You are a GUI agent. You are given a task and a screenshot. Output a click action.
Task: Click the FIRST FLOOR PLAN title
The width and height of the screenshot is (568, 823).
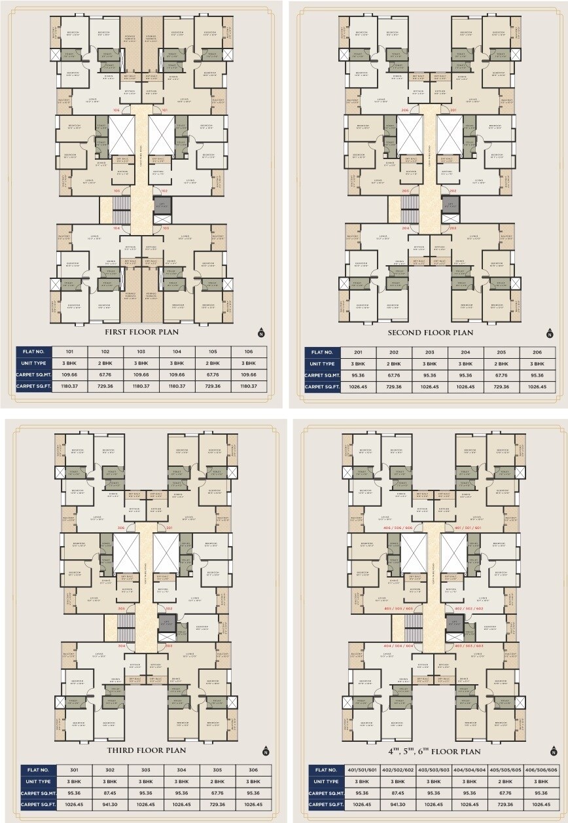(x=141, y=332)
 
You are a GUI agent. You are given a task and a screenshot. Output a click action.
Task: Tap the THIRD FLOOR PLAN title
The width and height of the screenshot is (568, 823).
(x=142, y=750)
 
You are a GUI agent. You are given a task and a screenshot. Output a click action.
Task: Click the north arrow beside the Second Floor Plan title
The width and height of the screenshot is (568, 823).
(x=546, y=330)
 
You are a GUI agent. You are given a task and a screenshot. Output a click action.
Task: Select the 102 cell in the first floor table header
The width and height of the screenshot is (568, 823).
(x=106, y=352)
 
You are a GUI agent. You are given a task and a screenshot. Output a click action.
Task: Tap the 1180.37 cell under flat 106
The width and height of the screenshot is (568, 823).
(x=249, y=387)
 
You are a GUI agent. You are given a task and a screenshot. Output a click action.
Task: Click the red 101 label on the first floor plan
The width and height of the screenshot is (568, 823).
(x=166, y=110)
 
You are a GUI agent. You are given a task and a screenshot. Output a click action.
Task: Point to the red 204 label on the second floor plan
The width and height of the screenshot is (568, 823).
(x=406, y=228)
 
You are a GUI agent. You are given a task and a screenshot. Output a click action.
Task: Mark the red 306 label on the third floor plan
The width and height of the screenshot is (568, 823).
(x=120, y=527)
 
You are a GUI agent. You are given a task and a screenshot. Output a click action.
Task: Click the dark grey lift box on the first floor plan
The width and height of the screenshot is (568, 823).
(x=160, y=204)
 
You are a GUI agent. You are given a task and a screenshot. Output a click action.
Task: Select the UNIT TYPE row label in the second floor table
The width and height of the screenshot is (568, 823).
(x=323, y=363)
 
